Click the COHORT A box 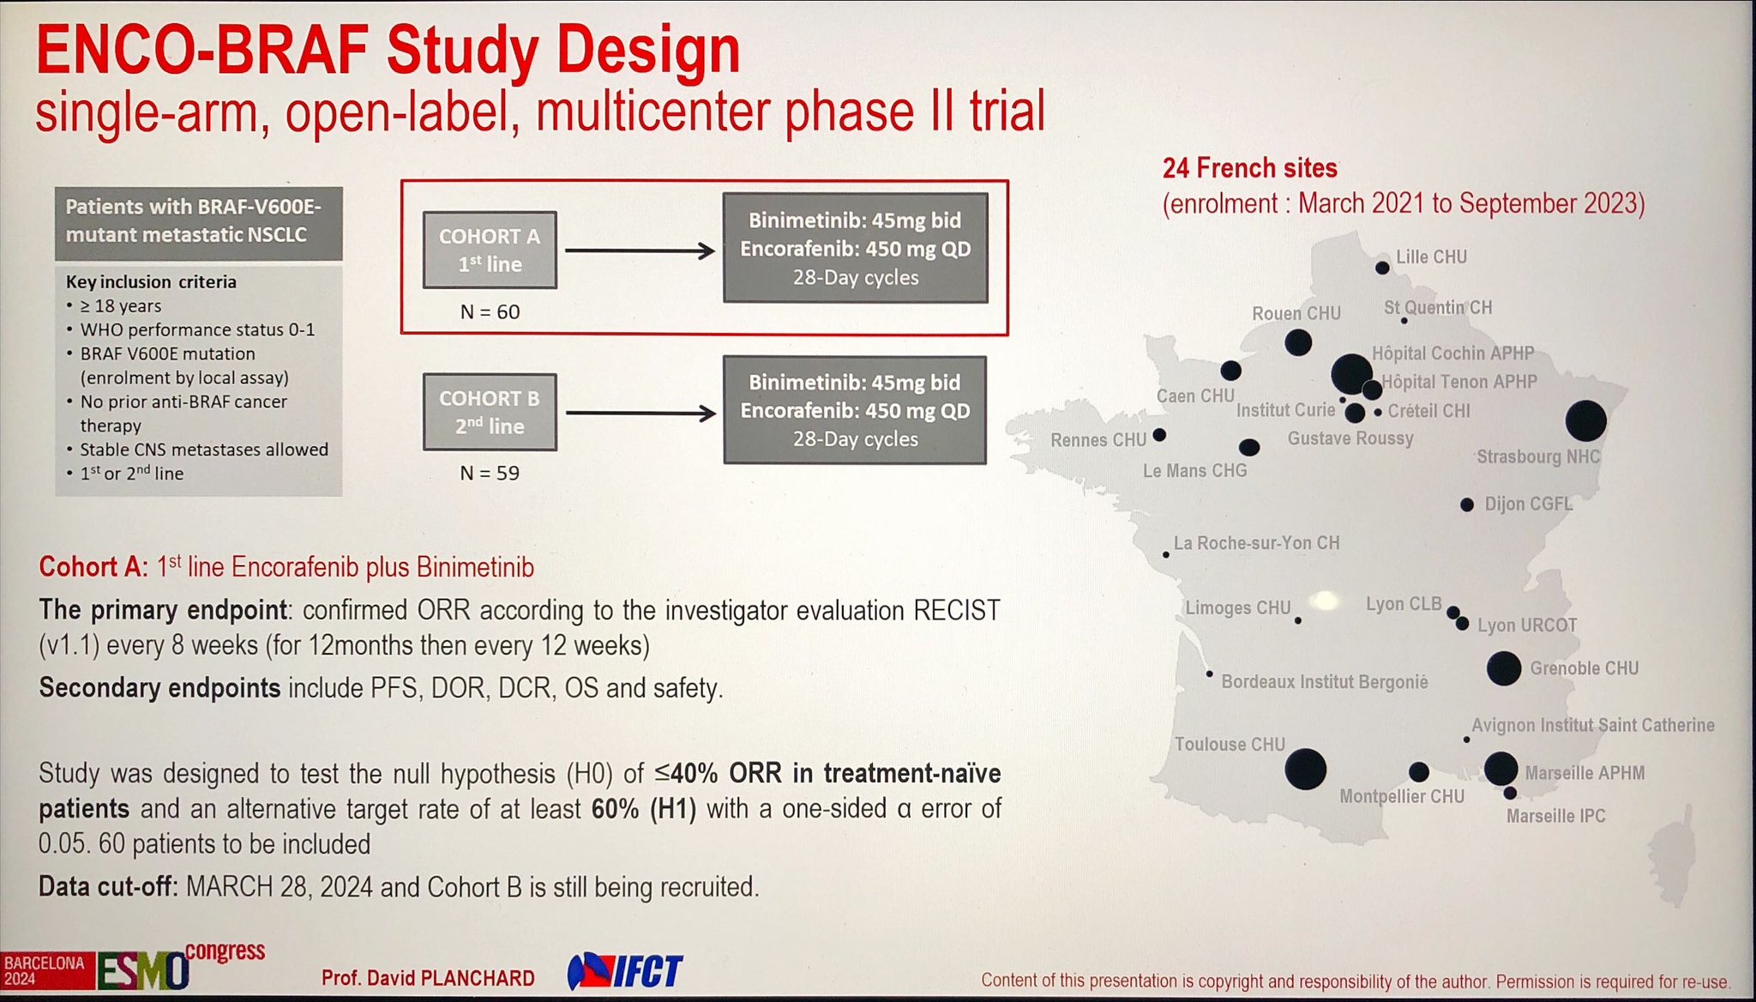490,250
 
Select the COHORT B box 490,412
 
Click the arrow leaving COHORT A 640,250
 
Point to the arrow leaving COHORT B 640,413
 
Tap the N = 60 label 490,311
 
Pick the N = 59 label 490,473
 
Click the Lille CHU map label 1431,257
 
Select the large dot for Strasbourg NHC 1585,420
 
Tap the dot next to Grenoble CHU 1504,668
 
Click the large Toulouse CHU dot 1306,769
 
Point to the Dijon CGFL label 1529,504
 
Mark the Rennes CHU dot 1159,435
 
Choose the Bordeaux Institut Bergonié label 1325,682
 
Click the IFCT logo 625,972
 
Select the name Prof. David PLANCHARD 428,978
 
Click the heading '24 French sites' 1249,168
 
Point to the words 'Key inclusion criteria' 151,281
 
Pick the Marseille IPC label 1555,816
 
